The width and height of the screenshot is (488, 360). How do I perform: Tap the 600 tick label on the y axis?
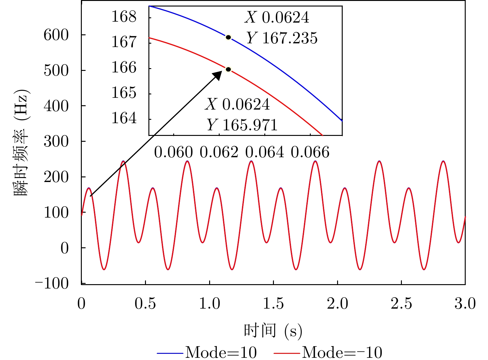(x=56, y=35)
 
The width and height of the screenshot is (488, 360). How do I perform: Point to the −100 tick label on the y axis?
(x=52, y=283)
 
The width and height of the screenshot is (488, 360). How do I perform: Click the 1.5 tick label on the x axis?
(x=273, y=304)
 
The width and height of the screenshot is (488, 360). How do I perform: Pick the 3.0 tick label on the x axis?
(x=465, y=304)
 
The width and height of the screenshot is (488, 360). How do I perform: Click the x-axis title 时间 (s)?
(x=273, y=331)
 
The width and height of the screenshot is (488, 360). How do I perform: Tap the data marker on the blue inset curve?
(x=228, y=37)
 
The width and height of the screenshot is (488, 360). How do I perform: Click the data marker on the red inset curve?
(x=228, y=69)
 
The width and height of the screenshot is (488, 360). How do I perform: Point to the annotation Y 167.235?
(x=282, y=38)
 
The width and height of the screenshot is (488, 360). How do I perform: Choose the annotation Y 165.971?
(x=242, y=125)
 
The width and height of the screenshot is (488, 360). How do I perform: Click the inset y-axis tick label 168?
(x=124, y=17)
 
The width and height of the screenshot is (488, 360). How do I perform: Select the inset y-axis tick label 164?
(x=124, y=118)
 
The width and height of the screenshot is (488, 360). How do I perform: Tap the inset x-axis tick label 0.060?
(x=174, y=152)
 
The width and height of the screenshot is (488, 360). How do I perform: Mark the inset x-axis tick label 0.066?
(x=310, y=152)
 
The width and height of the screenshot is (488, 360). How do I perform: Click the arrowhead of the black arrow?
(x=218, y=75)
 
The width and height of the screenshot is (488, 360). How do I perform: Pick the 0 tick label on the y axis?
(x=64, y=248)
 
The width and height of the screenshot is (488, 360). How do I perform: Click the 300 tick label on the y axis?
(x=56, y=141)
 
